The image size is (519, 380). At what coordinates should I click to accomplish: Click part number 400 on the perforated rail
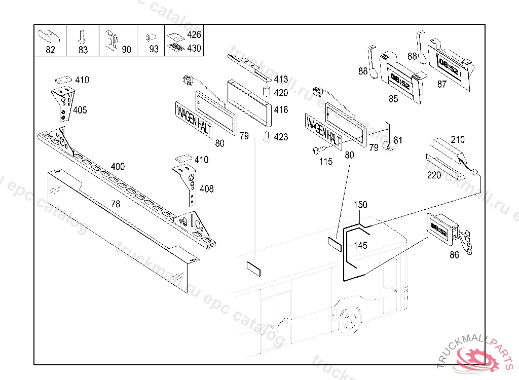click(117, 167)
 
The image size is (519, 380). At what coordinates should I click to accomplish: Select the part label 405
click(80, 110)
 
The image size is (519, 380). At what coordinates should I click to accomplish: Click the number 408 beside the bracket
click(206, 189)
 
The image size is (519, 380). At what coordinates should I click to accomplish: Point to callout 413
click(281, 80)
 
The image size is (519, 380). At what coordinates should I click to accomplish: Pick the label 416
click(281, 110)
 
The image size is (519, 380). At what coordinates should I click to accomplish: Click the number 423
click(281, 137)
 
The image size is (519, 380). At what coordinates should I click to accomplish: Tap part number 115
click(326, 162)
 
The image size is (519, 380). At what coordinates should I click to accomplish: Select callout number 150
click(360, 205)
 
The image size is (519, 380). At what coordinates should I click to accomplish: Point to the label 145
click(360, 245)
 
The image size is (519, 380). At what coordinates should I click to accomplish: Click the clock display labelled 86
click(438, 231)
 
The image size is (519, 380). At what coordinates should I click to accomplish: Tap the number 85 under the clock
click(393, 99)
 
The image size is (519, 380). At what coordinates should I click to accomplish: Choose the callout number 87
click(442, 84)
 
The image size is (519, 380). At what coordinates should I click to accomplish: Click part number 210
click(458, 139)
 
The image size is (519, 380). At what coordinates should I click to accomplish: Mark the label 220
click(434, 176)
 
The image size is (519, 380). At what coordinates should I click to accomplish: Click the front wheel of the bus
click(348, 321)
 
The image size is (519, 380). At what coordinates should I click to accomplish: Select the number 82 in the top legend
click(51, 50)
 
